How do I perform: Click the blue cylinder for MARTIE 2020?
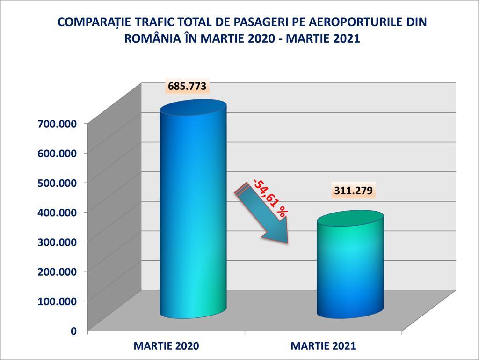click(193, 211)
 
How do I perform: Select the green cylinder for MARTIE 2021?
click(350, 267)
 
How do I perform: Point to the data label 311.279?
click(353, 191)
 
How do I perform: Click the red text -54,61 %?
click(270, 197)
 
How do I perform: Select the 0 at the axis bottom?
click(73, 331)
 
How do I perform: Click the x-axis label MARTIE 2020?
click(166, 346)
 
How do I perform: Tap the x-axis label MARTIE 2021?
click(323, 346)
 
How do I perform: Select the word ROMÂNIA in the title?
click(150, 38)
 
